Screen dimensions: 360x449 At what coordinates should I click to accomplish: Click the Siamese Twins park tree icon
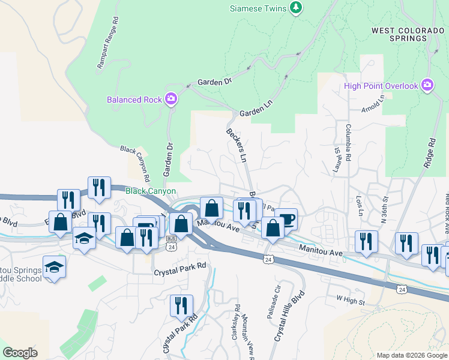pyautogui.click(x=295, y=7)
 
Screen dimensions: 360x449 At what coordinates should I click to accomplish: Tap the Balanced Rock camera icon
pyautogui.click(x=172, y=98)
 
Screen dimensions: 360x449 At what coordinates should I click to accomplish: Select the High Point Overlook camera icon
pyautogui.click(x=427, y=85)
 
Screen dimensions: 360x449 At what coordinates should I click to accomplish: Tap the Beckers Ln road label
pyautogui.click(x=237, y=145)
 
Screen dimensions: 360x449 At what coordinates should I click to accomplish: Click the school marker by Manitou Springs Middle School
pyautogui.click(x=54, y=266)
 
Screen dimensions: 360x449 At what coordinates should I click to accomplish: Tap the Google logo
pyautogui.click(x=20, y=353)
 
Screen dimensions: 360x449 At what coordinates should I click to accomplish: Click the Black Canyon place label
pyautogui.click(x=151, y=191)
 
